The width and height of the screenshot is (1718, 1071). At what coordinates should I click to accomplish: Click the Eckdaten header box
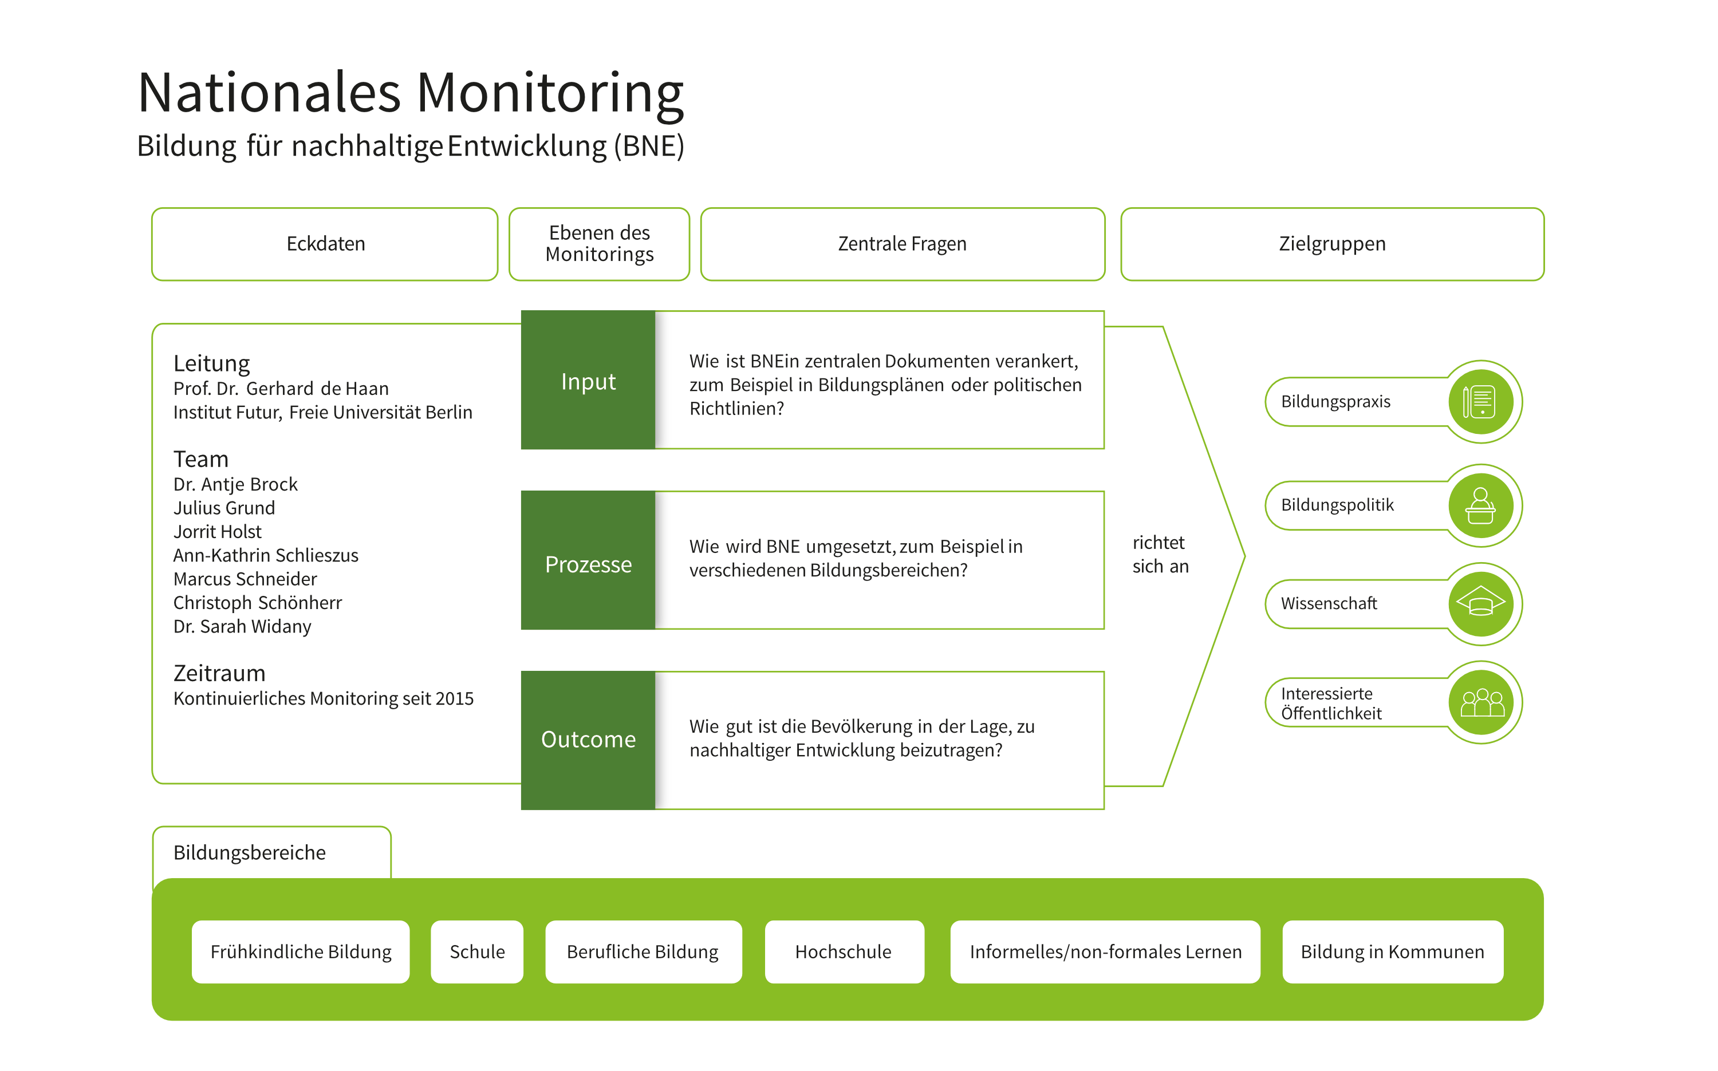tap(325, 244)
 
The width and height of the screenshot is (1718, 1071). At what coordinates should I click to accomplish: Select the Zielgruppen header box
tap(1331, 244)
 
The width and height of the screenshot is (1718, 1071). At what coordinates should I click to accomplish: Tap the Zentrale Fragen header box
tap(902, 244)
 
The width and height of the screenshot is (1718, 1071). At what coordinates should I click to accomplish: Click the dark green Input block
tap(588, 381)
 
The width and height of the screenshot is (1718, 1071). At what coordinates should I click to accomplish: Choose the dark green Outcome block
tap(588, 740)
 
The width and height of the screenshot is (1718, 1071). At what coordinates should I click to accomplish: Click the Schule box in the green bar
tap(477, 951)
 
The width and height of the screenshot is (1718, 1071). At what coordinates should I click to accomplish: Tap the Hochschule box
tap(843, 951)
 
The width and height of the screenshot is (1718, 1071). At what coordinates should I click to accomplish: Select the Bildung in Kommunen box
tap(1392, 951)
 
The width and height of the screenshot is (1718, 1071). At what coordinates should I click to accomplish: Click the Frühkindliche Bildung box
tap(301, 951)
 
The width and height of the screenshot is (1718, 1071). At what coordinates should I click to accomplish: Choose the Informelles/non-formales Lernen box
tap(1105, 951)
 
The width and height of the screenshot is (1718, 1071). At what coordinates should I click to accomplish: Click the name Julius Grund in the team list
tap(224, 508)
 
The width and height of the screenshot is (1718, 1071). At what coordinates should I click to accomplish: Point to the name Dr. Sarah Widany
tap(242, 626)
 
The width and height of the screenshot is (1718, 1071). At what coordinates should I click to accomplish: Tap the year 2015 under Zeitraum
tap(454, 698)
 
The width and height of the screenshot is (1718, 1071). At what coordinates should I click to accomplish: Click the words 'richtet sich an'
tap(1159, 555)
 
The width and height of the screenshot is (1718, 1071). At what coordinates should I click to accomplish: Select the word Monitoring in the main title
tap(549, 93)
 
